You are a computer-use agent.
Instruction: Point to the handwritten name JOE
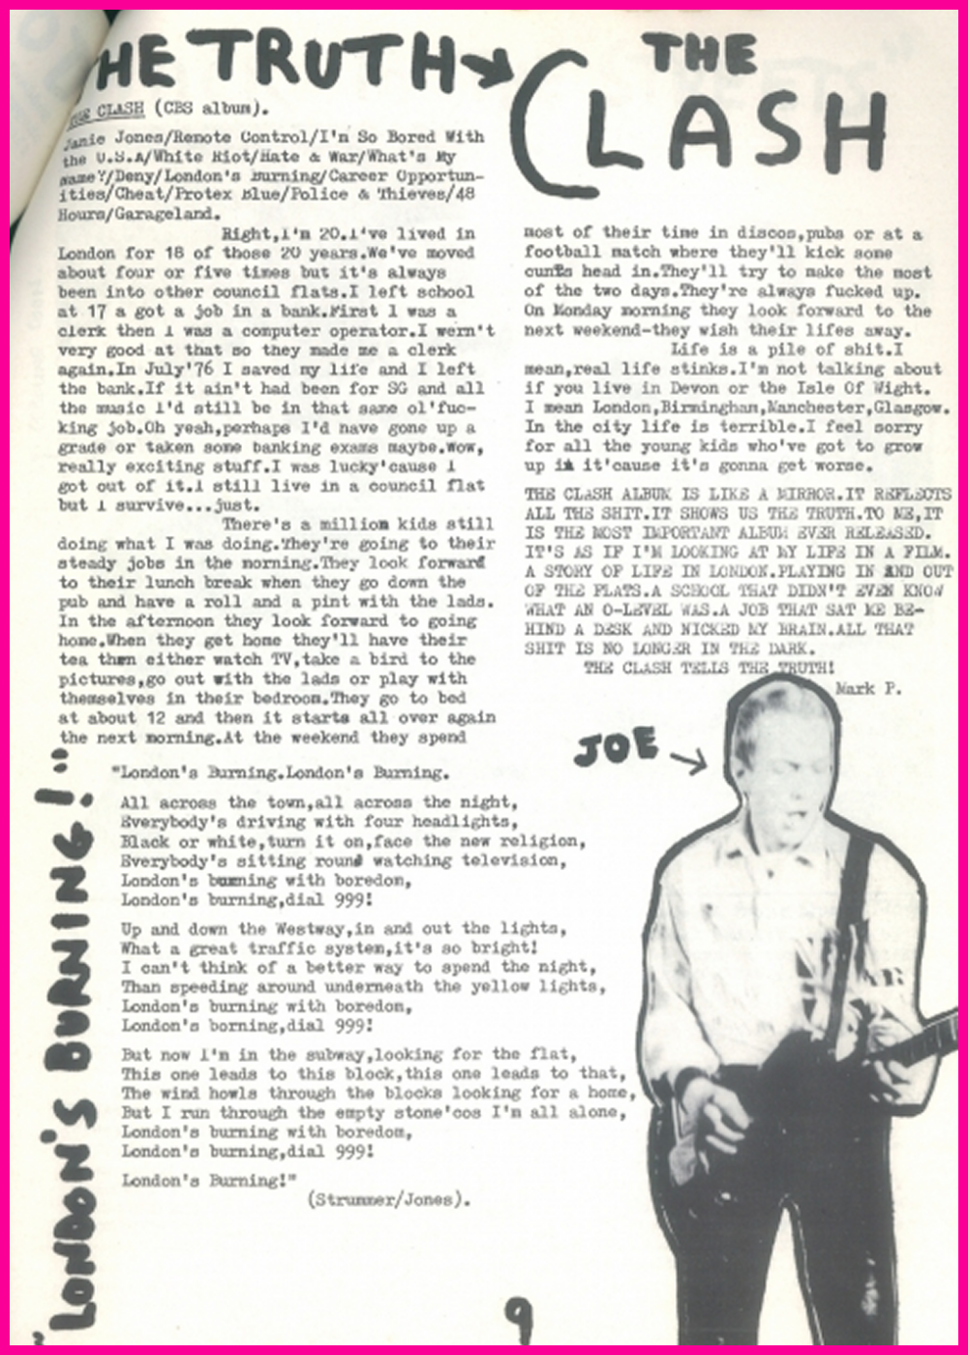(x=616, y=747)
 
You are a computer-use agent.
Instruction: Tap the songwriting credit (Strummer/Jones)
(x=389, y=1200)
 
